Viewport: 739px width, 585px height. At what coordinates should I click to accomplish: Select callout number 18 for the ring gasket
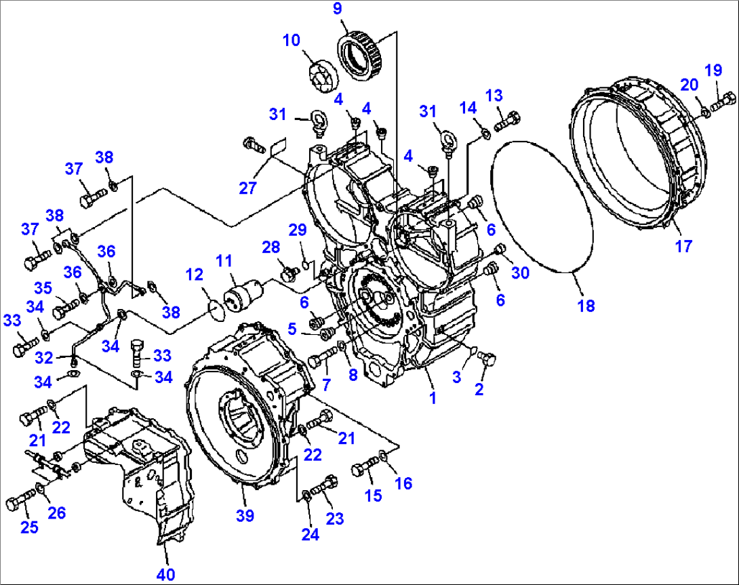[x=586, y=305]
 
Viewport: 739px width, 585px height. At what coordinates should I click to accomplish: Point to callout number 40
[x=165, y=575]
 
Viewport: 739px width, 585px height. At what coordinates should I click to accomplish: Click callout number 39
[x=245, y=515]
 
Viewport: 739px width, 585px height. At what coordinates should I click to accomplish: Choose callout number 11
[x=224, y=260]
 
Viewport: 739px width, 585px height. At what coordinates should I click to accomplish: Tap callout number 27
[x=248, y=187]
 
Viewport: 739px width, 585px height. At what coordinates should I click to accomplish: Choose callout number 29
[x=298, y=230]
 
